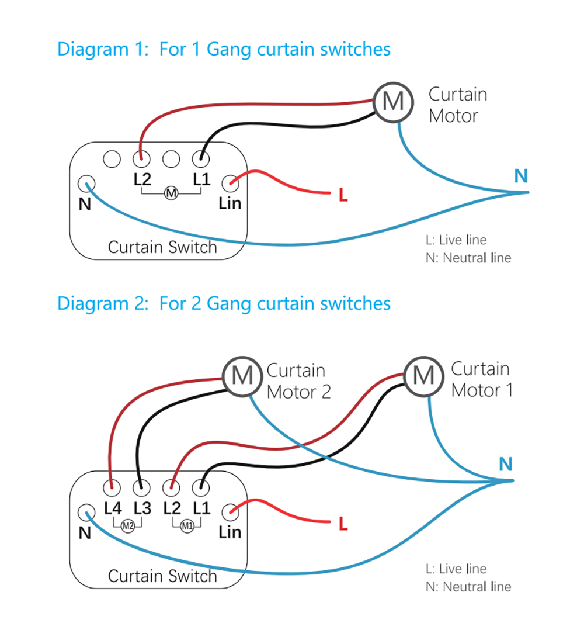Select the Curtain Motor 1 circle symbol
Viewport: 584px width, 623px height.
[423, 374]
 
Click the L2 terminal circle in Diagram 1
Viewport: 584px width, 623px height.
[141, 158]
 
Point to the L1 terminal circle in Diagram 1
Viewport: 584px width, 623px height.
[200, 158]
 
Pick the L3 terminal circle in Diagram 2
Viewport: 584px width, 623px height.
[140, 486]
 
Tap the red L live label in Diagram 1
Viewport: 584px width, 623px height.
[343, 196]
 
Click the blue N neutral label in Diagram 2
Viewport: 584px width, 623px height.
[506, 465]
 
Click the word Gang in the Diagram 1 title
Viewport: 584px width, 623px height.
[225, 49]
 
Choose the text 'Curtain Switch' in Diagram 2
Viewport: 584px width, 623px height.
[162, 576]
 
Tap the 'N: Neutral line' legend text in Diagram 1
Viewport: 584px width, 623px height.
[468, 258]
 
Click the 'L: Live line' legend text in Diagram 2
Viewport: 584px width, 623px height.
[456, 569]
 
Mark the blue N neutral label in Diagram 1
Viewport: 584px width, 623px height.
[521, 175]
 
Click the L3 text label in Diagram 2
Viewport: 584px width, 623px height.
[142, 508]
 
